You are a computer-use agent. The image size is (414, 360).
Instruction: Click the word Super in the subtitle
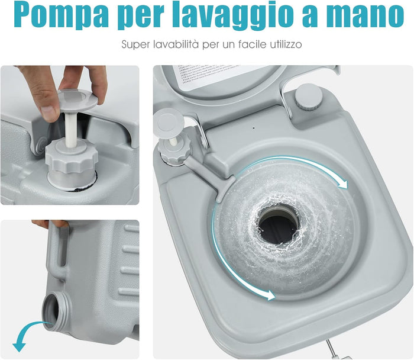pyautogui.click(x=135, y=44)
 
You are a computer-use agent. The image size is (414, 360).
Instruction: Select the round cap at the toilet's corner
pyautogui.click(x=308, y=96)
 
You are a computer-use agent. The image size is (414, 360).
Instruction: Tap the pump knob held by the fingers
pyautogui.click(x=79, y=98)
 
